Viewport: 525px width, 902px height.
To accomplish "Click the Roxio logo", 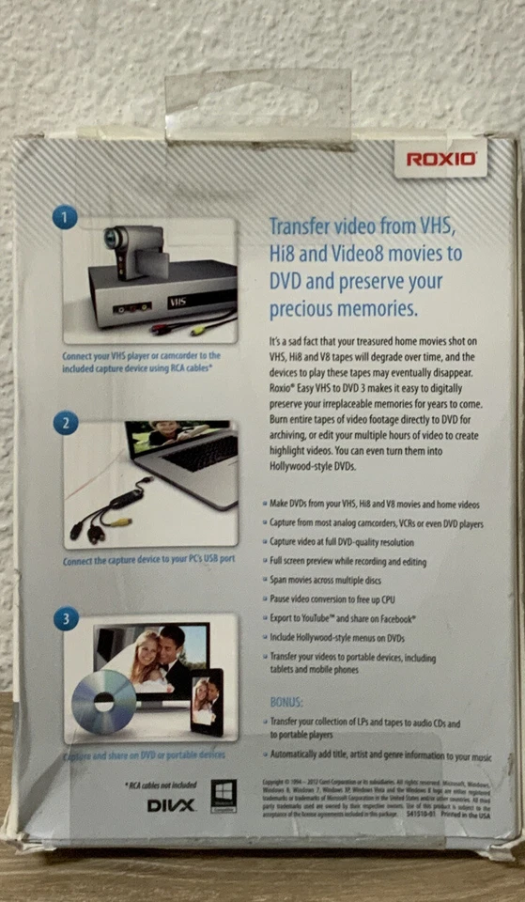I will (x=440, y=158).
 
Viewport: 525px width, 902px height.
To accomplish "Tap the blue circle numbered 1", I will (x=64, y=217).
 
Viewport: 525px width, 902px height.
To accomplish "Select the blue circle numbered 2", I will (x=64, y=422).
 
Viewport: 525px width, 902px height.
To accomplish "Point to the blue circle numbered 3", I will (x=64, y=619).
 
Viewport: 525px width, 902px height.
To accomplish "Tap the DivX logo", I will (x=170, y=805).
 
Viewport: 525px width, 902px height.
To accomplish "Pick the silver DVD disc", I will (x=104, y=701).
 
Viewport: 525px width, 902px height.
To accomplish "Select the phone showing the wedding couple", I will (x=206, y=700).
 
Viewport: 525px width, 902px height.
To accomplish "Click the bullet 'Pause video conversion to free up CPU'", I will (x=347, y=599).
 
